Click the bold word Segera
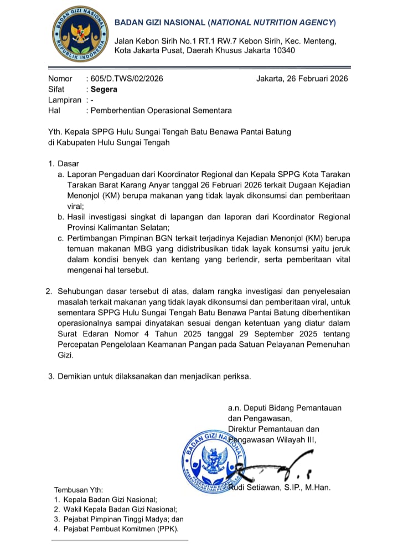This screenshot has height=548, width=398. tap(104, 89)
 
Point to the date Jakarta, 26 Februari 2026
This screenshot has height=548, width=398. tap(302, 79)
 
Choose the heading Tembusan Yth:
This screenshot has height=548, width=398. tap(78, 490)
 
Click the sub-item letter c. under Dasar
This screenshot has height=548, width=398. tap(61, 238)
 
